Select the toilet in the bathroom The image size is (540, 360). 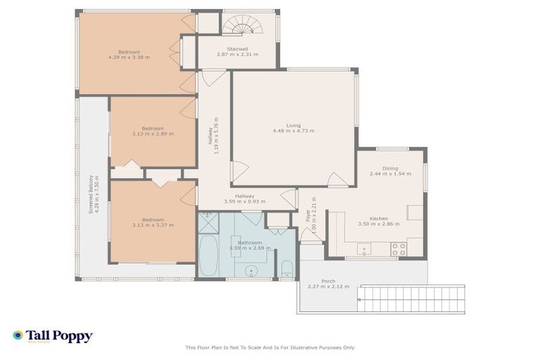click(x=286, y=268)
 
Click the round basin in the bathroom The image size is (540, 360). click(x=250, y=270)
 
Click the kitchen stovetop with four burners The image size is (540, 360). click(x=398, y=248)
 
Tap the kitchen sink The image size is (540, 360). click(x=364, y=248)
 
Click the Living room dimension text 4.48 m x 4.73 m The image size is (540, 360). click(x=293, y=131)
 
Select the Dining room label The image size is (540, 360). click(x=390, y=168)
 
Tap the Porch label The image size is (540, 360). click(x=328, y=281)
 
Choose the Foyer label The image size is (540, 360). click(x=308, y=215)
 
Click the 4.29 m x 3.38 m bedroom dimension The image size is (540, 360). click(x=129, y=58)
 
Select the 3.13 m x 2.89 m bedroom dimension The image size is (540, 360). click(x=153, y=134)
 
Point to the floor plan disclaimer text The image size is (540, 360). click(x=270, y=347)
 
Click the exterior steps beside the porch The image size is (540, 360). click(x=411, y=299)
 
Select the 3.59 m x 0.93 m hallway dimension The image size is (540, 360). click(x=244, y=202)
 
